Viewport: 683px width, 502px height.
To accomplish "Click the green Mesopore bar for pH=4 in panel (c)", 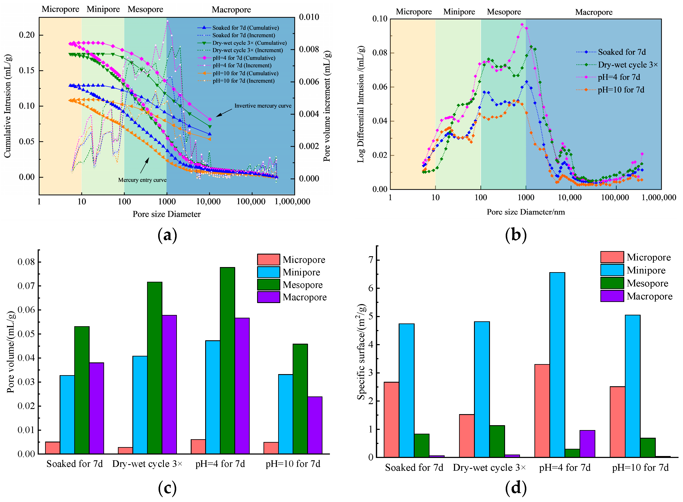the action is [227, 361].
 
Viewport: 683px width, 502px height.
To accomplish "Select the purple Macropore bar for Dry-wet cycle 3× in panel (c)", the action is [169, 384].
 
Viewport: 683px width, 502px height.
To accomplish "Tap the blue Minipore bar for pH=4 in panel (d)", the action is [557, 365].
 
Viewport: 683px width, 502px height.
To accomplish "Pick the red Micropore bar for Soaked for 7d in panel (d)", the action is [391, 419].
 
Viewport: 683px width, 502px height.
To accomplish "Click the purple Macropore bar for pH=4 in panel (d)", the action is [587, 444].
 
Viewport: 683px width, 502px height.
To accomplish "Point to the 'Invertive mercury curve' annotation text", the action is [263, 106].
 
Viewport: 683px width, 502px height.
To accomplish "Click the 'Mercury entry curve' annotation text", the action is [142, 180].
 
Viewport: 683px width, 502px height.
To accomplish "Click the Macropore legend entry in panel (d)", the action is [636, 296].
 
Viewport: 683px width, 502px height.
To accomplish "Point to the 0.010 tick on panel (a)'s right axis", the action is [309, 17].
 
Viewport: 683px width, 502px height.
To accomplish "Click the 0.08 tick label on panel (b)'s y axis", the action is [380, 53].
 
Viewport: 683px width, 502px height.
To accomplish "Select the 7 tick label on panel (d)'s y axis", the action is [370, 260].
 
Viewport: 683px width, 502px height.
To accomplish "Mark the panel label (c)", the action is [168, 488].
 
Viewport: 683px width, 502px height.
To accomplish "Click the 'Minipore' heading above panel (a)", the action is [103, 9].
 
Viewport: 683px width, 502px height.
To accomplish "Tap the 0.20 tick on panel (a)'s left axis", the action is [27, 35].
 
